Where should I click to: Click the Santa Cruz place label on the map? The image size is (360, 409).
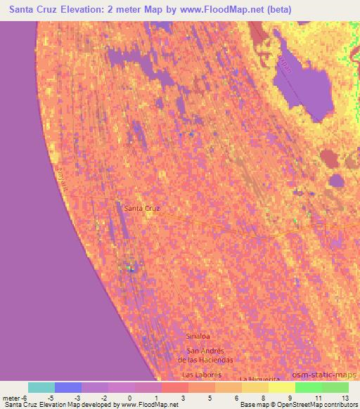[141, 208]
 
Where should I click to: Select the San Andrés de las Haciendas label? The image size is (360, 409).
[205, 355]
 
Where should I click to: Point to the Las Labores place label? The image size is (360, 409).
[202, 375]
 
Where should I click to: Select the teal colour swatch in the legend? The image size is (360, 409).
[41, 387]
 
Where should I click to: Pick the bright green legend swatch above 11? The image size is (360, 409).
[308, 387]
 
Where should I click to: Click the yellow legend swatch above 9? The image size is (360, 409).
[281, 387]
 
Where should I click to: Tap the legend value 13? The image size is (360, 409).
[345, 398]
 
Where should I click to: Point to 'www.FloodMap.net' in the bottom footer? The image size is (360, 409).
[149, 405]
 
